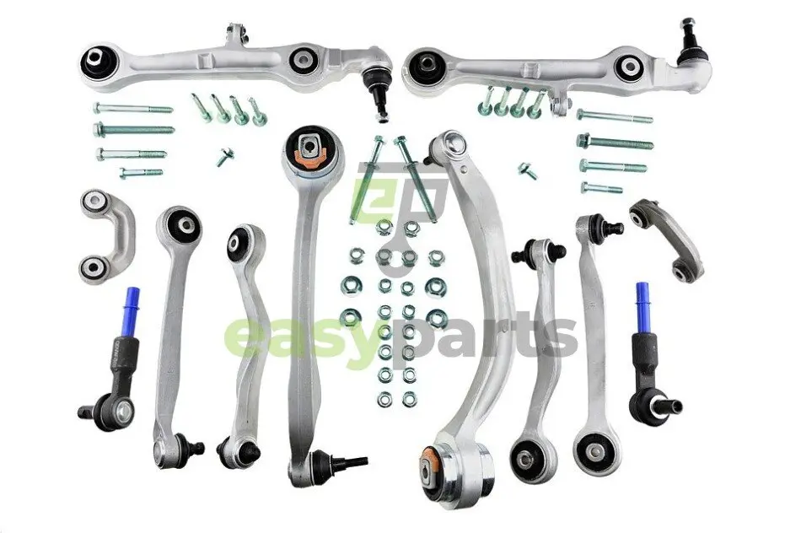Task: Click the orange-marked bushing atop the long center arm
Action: point(310,148)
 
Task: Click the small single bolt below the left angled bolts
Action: point(225,156)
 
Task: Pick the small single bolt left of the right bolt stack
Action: point(527,170)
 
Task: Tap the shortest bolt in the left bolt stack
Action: point(141,173)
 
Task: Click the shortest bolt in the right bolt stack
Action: point(601,187)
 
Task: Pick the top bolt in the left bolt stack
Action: point(133,108)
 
